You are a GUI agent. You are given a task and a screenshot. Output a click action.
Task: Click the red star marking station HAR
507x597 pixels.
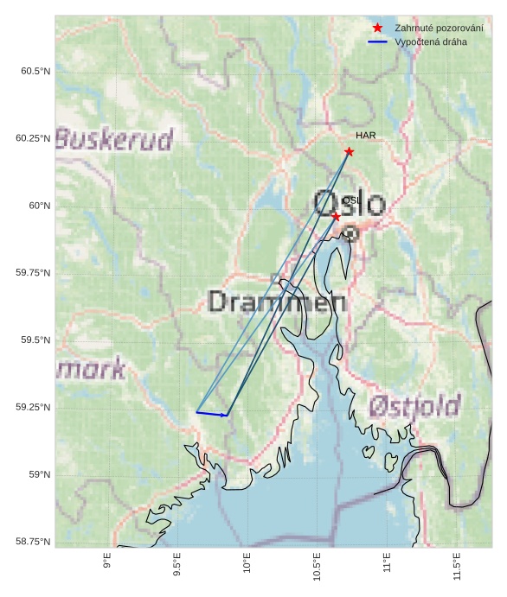tap(349, 152)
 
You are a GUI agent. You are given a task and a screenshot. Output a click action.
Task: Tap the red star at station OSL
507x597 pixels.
tap(336, 216)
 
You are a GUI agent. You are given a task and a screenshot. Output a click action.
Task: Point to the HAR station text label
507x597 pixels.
tap(365, 136)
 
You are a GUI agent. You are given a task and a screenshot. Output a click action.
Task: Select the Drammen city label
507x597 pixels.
tap(278, 302)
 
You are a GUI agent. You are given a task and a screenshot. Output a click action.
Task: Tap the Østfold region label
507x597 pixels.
tap(414, 405)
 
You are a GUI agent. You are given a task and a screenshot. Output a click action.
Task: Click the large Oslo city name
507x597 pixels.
tap(349, 204)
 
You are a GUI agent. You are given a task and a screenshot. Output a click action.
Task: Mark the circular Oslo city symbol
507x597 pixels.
tap(350, 233)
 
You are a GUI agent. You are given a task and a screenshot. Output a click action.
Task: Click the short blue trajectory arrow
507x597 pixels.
tap(213, 414)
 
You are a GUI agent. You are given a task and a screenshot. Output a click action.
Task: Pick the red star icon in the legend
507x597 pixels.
tap(377, 29)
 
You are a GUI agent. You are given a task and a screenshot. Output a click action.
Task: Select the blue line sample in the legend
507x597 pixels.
tap(377, 41)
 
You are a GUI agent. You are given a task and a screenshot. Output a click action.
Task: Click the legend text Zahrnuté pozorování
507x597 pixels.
tap(439, 29)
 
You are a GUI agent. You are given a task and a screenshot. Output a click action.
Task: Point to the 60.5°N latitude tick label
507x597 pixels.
tap(35, 71)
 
